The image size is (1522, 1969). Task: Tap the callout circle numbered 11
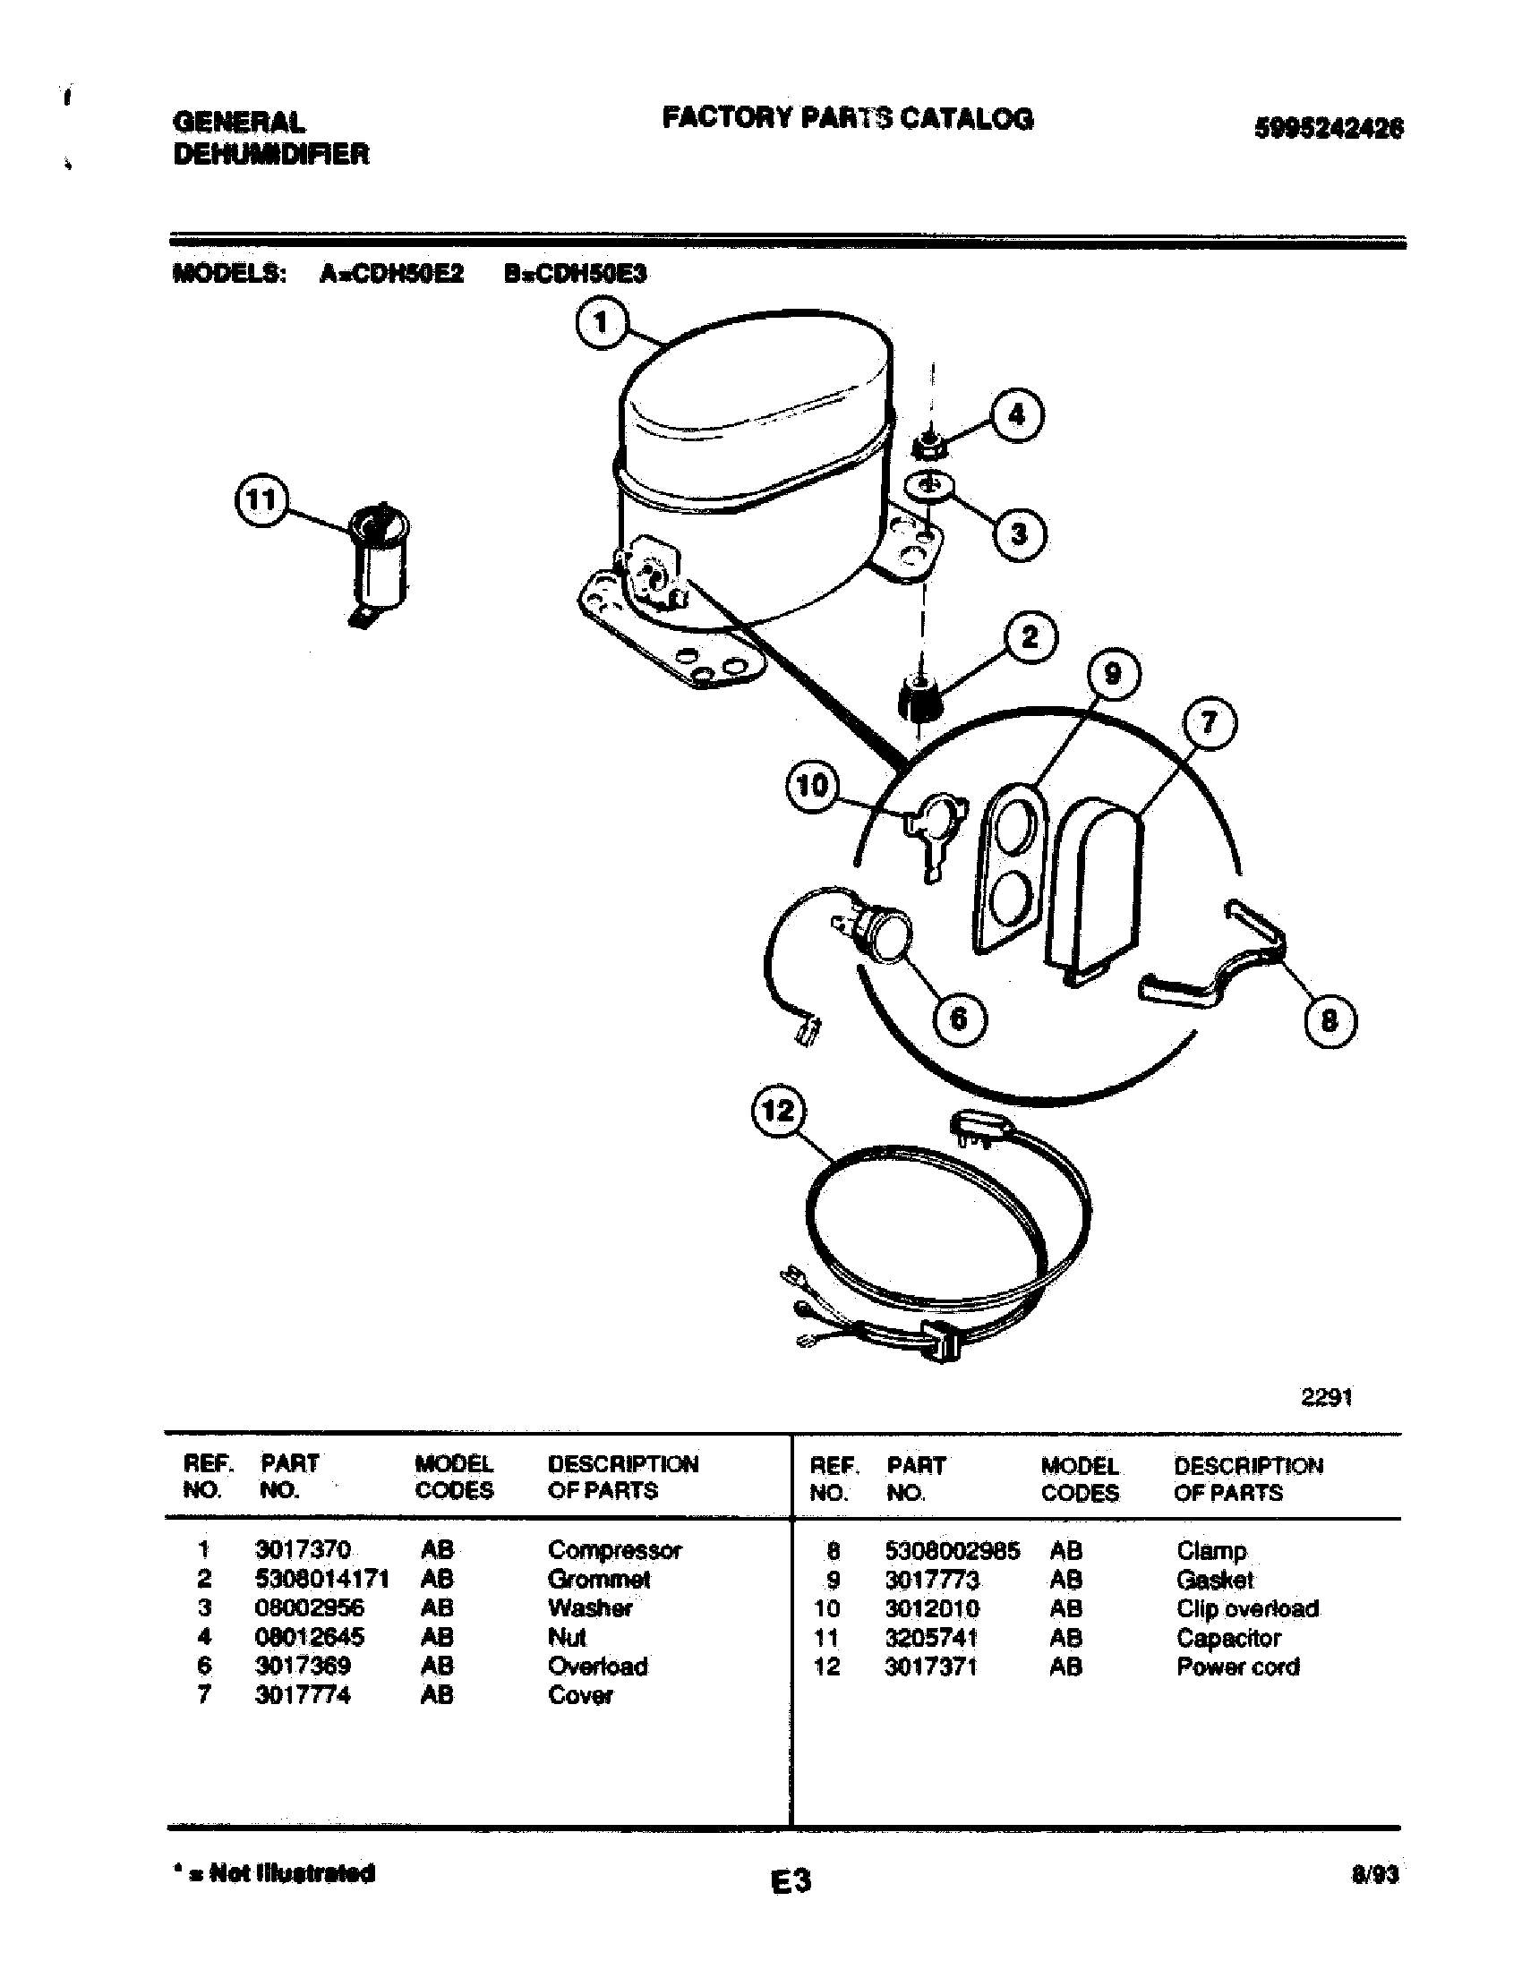click(x=261, y=500)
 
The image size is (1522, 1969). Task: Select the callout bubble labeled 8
click(x=1329, y=1020)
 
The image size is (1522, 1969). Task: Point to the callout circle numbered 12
click(x=778, y=1110)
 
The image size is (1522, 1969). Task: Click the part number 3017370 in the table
click(x=302, y=1550)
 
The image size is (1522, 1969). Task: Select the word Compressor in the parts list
click(x=615, y=1550)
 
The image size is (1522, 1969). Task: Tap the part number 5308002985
click(x=953, y=1551)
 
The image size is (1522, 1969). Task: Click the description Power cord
click(x=1238, y=1666)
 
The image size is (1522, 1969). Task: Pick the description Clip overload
click(x=1247, y=1608)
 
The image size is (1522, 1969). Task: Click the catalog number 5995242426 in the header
click(x=1329, y=129)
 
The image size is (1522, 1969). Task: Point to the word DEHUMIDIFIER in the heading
click(x=271, y=154)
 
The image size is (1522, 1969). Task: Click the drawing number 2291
click(x=1326, y=1397)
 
